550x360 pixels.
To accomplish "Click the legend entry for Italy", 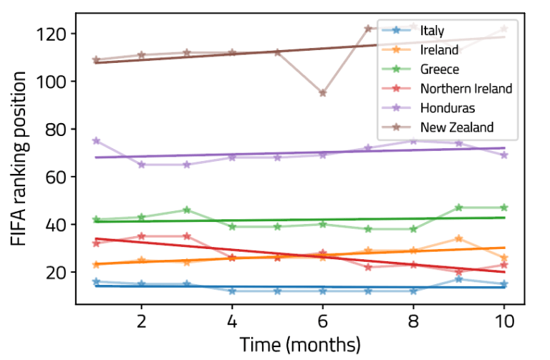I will coord(433,31).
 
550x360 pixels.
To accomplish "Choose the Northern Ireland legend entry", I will coord(466,89).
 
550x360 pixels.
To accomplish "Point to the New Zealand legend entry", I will coord(457,127).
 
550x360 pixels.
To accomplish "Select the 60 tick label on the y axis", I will coord(57,177).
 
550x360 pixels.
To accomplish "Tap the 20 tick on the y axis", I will coord(57,273).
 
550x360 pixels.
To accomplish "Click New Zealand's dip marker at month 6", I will coord(323,93).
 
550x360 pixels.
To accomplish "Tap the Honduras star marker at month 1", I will coord(97,141).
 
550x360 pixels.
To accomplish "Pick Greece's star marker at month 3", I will coord(187,210).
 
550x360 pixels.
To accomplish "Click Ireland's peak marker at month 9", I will coord(459,238).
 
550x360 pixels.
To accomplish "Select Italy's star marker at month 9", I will coord(459,279).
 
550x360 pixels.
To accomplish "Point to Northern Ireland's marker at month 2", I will coord(142,236).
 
